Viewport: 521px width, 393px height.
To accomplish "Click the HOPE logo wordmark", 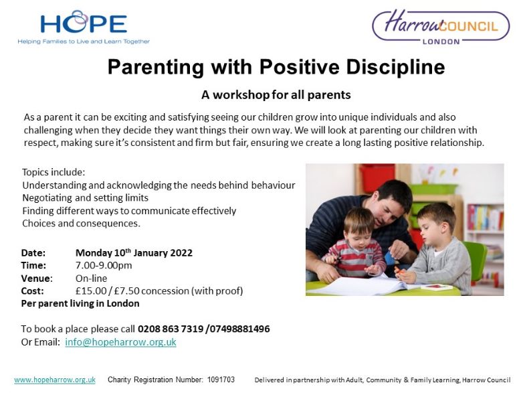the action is click(x=84, y=23).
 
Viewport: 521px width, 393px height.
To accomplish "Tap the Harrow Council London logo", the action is click(x=441, y=27).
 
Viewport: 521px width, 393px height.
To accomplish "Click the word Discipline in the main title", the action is click(x=395, y=67).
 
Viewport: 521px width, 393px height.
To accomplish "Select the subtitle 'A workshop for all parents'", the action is click(x=276, y=95).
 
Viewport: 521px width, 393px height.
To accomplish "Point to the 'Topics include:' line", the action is click(x=54, y=172).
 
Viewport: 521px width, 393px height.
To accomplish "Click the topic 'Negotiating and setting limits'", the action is click(x=85, y=198).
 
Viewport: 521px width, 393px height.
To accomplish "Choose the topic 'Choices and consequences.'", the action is click(x=81, y=223).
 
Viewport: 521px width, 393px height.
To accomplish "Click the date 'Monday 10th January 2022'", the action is click(x=134, y=252).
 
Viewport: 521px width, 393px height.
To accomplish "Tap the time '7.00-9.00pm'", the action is click(x=104, y=265).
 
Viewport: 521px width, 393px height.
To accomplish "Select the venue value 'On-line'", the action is click(x=92, y=278).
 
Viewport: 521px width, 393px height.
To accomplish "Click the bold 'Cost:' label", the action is click(x=32, y=291).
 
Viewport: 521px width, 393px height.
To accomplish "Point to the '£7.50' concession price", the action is click(x=126, y=291).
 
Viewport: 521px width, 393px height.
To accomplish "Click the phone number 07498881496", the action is click(x=239, y=329).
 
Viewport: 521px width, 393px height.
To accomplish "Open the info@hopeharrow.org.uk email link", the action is click(x=120, y=342).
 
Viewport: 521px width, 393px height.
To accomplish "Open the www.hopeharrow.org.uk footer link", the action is click(x=55, y=380).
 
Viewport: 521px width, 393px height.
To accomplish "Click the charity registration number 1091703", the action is click(x=221, y=380).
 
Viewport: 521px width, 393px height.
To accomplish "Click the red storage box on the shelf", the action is click(x=377, y=178).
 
